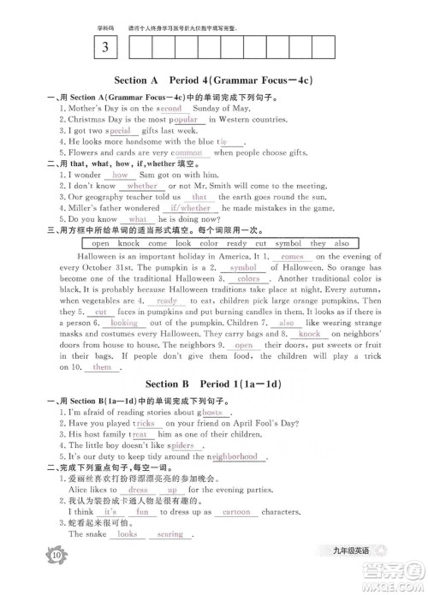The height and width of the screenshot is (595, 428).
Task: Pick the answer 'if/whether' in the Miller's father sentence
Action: (x=191, y=208)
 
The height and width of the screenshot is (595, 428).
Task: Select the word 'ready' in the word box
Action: (x=236, y=244)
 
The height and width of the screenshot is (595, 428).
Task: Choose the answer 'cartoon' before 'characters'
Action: (x=236, y=512)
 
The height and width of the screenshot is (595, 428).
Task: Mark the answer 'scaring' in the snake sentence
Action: (x=170, y=534)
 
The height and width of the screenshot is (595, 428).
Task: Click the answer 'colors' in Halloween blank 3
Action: (x=248, y=279)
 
